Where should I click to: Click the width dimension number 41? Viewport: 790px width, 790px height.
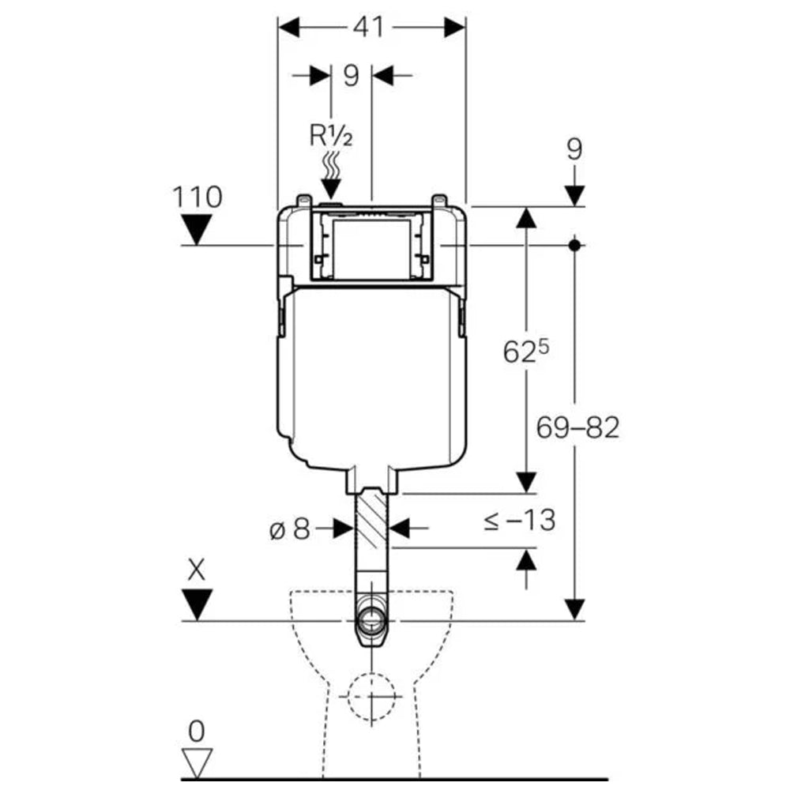click(368, 27)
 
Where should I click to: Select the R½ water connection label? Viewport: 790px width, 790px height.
click(330, 135)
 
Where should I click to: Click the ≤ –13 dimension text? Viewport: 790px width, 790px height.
click(519, 520)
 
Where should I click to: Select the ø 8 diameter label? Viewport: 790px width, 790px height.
click(290, 529)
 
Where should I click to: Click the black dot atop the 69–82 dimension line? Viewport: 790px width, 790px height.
click(575, 245)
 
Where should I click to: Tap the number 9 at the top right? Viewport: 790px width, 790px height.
click(574, 149)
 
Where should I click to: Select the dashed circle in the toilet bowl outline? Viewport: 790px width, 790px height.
click(371, 697)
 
